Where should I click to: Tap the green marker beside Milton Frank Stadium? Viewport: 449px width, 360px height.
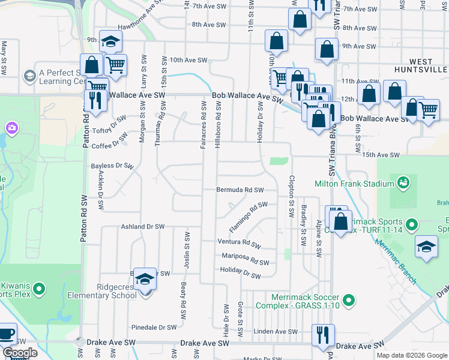coord(403,182)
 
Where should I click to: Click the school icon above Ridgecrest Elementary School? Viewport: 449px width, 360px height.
coord(145,279)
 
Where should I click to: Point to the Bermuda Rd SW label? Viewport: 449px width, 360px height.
coord(240,190)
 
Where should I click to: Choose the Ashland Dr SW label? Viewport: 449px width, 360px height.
coord(142,227)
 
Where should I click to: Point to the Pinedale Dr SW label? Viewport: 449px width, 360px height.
coord(154,328)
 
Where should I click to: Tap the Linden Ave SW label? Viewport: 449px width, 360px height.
coord(276,331)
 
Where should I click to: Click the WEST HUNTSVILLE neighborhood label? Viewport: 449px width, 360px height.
coord(428,66)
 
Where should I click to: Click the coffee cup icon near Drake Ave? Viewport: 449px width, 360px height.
coord(6,333)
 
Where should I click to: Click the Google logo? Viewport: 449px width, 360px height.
coord(20,352)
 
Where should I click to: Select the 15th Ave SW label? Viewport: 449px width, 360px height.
coord(381,155)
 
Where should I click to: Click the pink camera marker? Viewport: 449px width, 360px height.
coord(11,127)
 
